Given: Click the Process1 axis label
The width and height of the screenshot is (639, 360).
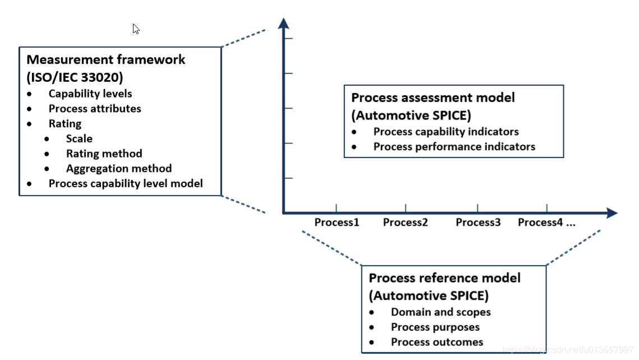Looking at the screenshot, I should [x=337, y=223].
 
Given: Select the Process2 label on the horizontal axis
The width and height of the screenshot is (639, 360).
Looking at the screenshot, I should [x=405, y=223].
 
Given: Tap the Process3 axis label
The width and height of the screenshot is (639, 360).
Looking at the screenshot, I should [x=478, y=223].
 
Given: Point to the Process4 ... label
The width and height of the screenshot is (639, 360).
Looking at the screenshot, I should [x=546, y=223].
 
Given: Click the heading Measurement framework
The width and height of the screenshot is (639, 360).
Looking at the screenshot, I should [x=105, y=59].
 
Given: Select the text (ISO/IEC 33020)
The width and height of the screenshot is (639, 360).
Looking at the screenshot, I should [x=75, y=77].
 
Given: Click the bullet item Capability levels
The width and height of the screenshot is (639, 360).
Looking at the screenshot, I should [x=90, y=94].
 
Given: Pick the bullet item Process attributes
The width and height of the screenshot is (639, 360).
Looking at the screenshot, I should [x=95, y=109].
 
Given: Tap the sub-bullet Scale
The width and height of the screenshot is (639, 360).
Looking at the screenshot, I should [x=79, y=139].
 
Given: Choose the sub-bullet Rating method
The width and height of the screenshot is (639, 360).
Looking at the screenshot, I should [x=104, y=154].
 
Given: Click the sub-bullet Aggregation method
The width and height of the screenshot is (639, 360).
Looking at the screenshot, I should [x=118, y=168].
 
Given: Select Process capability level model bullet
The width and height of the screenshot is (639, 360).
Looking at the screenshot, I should [x=125, y=183].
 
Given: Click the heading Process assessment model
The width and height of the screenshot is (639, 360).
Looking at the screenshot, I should [x=433, y=98].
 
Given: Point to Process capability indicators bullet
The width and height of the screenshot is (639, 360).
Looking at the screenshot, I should [x=445, y=132].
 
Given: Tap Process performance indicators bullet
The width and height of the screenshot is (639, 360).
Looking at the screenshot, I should [x=454, y=147].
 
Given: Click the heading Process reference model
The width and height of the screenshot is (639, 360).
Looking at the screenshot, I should [x=444, y=278].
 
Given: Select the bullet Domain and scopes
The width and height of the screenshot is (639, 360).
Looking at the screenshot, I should [x=440, y=312].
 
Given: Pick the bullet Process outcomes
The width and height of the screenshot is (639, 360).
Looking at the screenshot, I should [x=436, y=342].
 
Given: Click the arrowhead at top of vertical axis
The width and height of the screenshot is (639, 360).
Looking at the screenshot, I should [x=284, y=23].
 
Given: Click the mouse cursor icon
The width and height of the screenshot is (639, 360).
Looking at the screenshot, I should [x=136, y=29].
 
